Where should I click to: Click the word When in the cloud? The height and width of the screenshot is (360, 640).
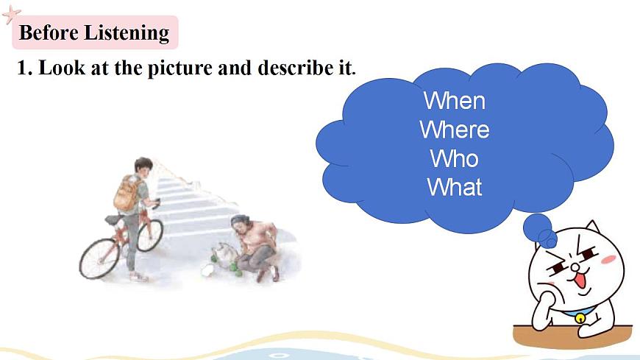(454, 100)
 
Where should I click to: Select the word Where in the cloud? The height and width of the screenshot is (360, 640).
(454, 130)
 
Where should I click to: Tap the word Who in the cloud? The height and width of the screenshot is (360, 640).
(454, 158)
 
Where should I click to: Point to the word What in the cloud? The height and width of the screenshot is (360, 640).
(454, 187)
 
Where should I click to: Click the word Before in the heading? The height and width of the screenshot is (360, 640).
(49, 33)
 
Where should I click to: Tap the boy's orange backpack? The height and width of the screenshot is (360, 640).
(126, 193)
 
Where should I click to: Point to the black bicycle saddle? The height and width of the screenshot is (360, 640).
(111, 219)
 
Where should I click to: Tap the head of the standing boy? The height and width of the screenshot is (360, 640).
(143, 165)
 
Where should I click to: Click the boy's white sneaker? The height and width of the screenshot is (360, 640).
(137, 277)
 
